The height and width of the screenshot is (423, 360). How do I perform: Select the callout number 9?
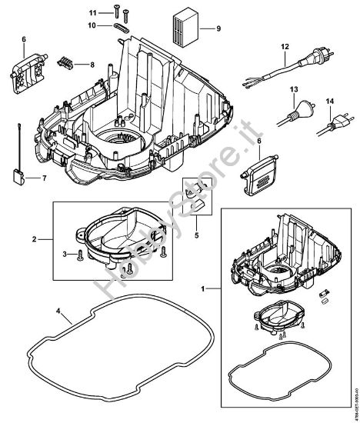(218, 29)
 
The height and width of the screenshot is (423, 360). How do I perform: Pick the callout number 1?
(203, 288)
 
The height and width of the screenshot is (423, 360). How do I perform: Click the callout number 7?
(44, 177)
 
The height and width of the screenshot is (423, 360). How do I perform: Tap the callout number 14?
(331, 101)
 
